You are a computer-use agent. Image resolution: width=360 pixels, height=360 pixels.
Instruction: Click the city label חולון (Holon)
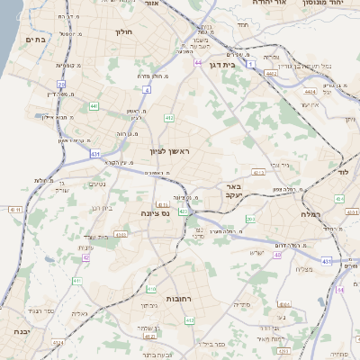click(x=123, y=31)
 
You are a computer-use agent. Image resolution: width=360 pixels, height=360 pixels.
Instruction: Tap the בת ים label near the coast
click(x=36, y=40)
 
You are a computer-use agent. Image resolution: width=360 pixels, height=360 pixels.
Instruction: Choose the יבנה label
click(x=20, y=331)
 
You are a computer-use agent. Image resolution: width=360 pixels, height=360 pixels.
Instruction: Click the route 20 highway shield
click(x=61, y=84)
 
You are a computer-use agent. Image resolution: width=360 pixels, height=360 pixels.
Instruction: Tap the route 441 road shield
click(x=94, y=106)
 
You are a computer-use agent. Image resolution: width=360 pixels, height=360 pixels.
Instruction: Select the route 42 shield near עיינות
click(x=85, y=257)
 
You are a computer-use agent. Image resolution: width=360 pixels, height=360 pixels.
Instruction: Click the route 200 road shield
click(x=251, y=219)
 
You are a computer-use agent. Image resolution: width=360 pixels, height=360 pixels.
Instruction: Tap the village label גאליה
click(x=80, y=313)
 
